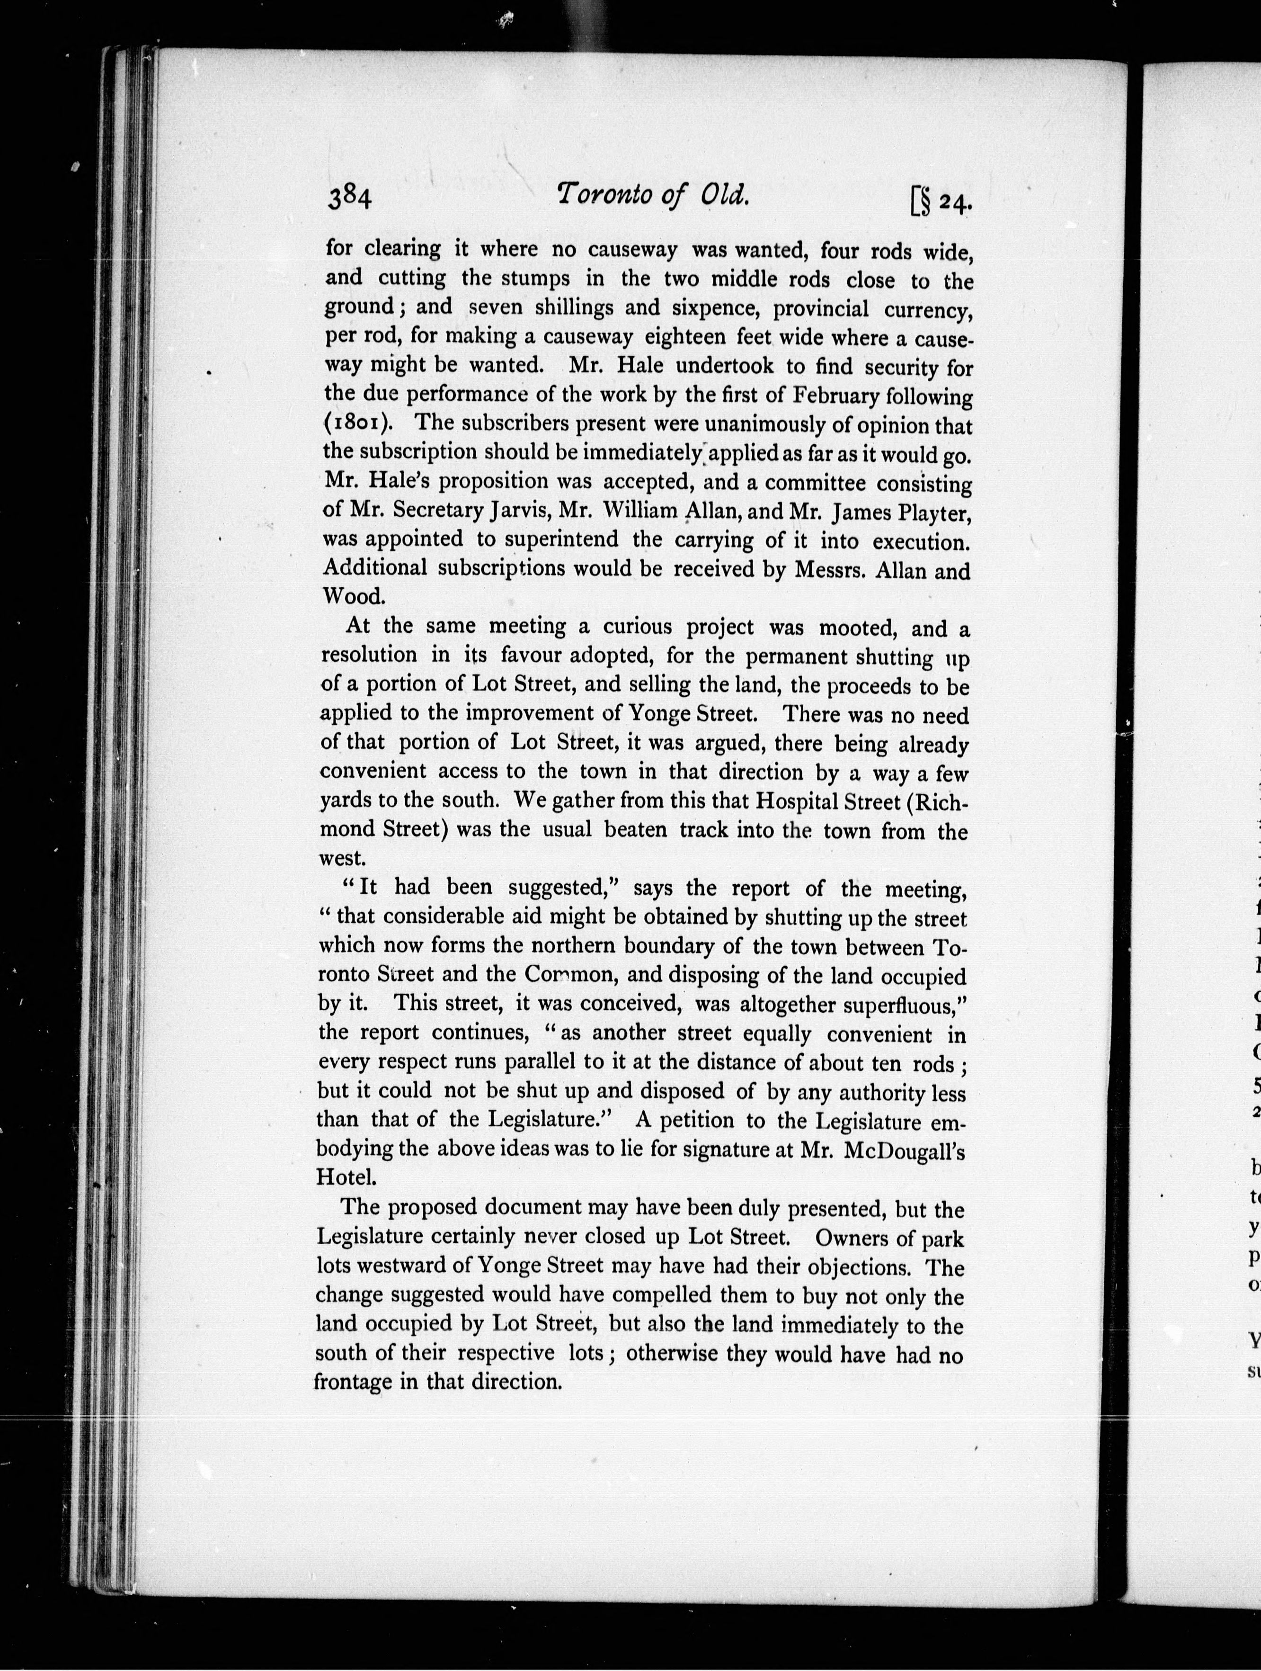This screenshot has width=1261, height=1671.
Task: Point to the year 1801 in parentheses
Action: pyautogui.click(x=359, y=423)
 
